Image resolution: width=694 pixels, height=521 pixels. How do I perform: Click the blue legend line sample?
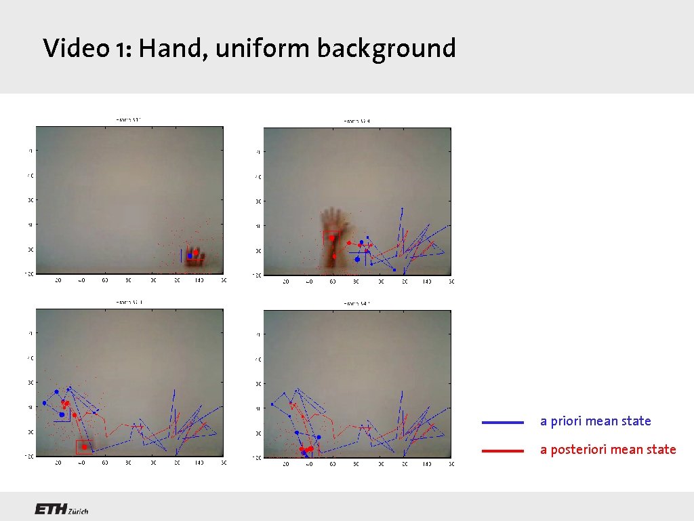click(x=502, y=422)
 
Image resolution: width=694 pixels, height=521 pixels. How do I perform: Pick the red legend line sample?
click(x=502, y=450)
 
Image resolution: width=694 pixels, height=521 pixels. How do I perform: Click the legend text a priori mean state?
click(x=595, y=421)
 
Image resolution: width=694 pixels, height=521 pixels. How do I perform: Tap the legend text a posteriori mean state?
click(x=608, y=449)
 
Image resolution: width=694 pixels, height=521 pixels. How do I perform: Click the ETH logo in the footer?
click(x=51, y=509)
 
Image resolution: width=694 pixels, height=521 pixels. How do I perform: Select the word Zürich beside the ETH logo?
click(x=79, y=512)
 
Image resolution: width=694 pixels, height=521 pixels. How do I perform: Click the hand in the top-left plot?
click(x=195, y=256)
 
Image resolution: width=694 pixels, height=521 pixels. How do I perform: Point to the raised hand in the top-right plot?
click(x=333, y=234)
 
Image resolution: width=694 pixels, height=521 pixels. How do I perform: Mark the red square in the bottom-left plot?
click(x=84, y=446)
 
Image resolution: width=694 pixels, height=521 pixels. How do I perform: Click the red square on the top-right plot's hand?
click(x=331, y=237)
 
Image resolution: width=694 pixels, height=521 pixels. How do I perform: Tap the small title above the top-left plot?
click(x=129, y=119)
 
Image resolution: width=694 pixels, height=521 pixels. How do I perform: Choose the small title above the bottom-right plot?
click(x=356, y=304)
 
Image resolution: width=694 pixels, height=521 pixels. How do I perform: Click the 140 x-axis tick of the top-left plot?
click(x=199, y=280)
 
